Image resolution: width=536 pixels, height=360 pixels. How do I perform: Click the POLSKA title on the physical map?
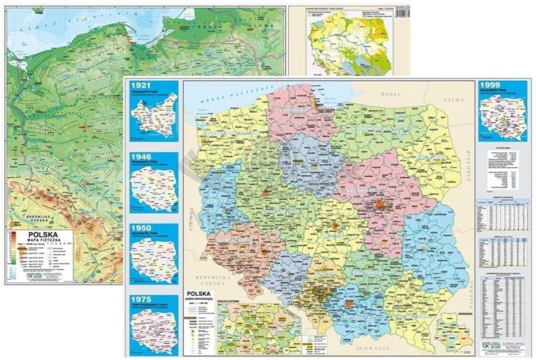pos(44,233)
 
